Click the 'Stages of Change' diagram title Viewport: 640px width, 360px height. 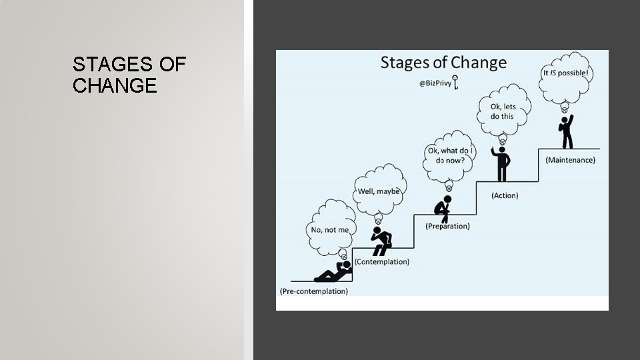[x=443, y=64]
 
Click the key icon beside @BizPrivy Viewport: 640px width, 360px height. [x=457, y=83]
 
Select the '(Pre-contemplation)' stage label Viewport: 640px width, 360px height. [x=313, y=291]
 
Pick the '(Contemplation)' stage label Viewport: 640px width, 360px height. [x=381, y=261]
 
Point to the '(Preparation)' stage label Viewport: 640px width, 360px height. [x=447, y=226]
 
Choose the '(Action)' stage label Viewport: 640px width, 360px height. [x=505, y=195]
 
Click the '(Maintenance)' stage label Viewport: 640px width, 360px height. [x=570, y=160]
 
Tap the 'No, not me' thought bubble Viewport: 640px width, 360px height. [x=329, y=229]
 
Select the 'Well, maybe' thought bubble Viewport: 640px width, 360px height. [x=379, y=191]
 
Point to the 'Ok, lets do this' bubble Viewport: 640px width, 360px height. [x=504, y=111]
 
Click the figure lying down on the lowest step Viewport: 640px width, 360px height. [x=332, y=273]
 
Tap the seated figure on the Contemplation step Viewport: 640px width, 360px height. [x=382, y=240]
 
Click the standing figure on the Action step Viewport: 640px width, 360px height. [x=501, y=163]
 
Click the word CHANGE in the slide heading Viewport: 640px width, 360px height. [x=115, y=86]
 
